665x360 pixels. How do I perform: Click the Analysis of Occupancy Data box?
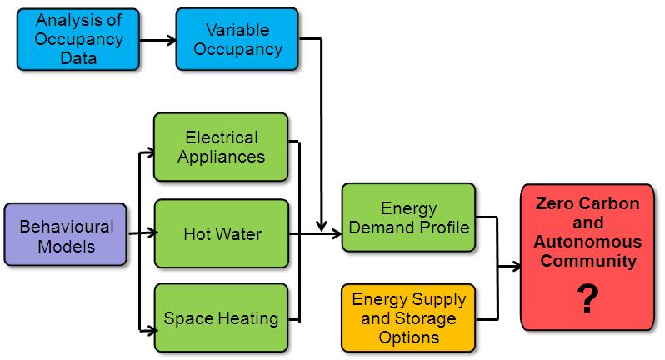pyautogui.click(x=78, y=39)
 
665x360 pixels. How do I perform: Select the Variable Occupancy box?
pyautogui.click(x=237, y=39)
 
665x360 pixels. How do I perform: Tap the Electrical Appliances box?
pyautogui.click(x=221, y=147)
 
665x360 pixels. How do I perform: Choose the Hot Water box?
pyautogui.click(x=221, y=233)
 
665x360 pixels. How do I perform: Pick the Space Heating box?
pyautogui.click(x=221, y=317)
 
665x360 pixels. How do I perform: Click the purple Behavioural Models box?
pyautogui.click(x=67, y=235)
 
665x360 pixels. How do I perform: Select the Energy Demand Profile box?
pyautogui.click(x=408, y=217)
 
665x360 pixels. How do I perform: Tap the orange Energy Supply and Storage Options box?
pyautogui.click(x=408, y=317)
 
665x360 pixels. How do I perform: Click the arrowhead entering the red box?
pyautogui.click(x=514, y=267)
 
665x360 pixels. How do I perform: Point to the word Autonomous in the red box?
pyautogui.click(x=588, y=242)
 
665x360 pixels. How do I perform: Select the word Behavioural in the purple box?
pyautogui.click(x=67, y=226)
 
